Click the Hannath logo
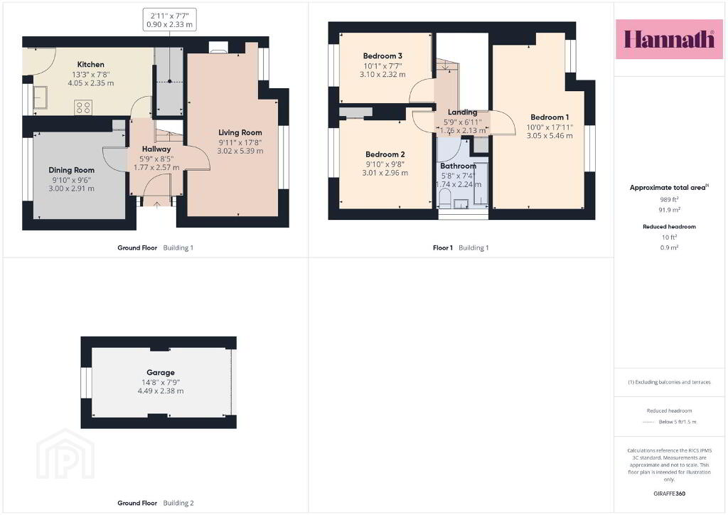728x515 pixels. (669, 39)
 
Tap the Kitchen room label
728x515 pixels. (90, 65)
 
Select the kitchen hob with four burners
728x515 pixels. (83, 107)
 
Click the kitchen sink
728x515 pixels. (40, 97)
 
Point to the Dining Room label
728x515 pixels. (72, 171)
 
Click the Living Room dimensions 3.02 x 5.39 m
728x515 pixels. (240, 151)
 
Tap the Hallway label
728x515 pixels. (156, 149)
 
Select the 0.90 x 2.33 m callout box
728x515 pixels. (169, 20)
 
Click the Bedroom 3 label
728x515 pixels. (382, 56)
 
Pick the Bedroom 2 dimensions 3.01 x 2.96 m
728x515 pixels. (385, 173)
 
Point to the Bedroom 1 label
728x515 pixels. (550, 117)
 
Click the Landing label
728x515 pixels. (462, 112)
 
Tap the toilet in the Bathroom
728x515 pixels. (445, 198)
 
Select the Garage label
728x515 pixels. (161, 373)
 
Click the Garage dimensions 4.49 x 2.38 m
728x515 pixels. (161, 391)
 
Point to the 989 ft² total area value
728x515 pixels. (669, 200)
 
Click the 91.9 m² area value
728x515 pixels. (670, 210)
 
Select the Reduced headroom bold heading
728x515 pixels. (669, 227)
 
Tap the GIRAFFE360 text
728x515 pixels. (669, 494)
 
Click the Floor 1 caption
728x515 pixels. (443, 248)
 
